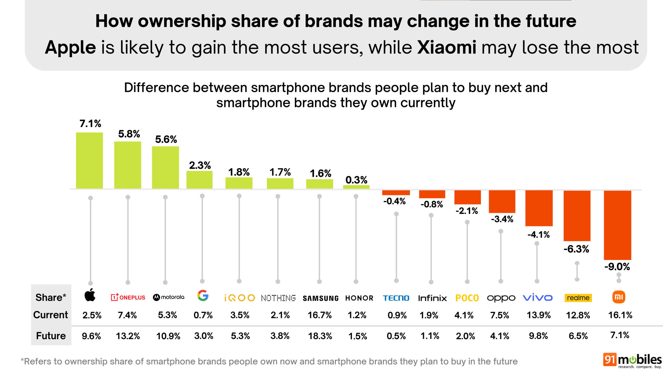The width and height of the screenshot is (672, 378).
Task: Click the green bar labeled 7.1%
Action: tap(89, 160)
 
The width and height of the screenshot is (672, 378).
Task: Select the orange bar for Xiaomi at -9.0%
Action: tap(617, 225)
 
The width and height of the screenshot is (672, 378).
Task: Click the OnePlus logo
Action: tap(128, 297)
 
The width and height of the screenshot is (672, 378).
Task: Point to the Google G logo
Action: tap(203, 296)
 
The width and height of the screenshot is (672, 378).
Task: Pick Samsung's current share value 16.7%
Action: tap(319, 315)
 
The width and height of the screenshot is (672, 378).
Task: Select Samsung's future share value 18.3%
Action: tap(320, 336)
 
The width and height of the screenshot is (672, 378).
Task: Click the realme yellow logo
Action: tap(578, 298)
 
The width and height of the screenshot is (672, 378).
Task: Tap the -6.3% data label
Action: tap(576, 249)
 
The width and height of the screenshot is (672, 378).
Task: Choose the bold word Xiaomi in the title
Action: tap(447, 48)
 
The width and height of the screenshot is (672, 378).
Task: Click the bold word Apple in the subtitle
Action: tap(70, 48)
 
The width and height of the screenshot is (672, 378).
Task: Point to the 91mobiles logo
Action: tap(632, 361)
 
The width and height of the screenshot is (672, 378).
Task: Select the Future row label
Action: tap(51, 336)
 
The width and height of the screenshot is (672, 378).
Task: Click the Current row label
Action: tap(51, 315)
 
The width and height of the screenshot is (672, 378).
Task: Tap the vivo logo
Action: tap(538, 298)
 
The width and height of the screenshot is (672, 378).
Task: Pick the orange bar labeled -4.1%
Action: tap(539, 208)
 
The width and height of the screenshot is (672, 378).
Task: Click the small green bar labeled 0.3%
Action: tap(356, 187)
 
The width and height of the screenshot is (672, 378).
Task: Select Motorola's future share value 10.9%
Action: tap(168, 336)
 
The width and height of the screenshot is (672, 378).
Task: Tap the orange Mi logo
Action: tap(619, 297)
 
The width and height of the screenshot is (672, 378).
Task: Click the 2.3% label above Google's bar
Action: tap(200, 165)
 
